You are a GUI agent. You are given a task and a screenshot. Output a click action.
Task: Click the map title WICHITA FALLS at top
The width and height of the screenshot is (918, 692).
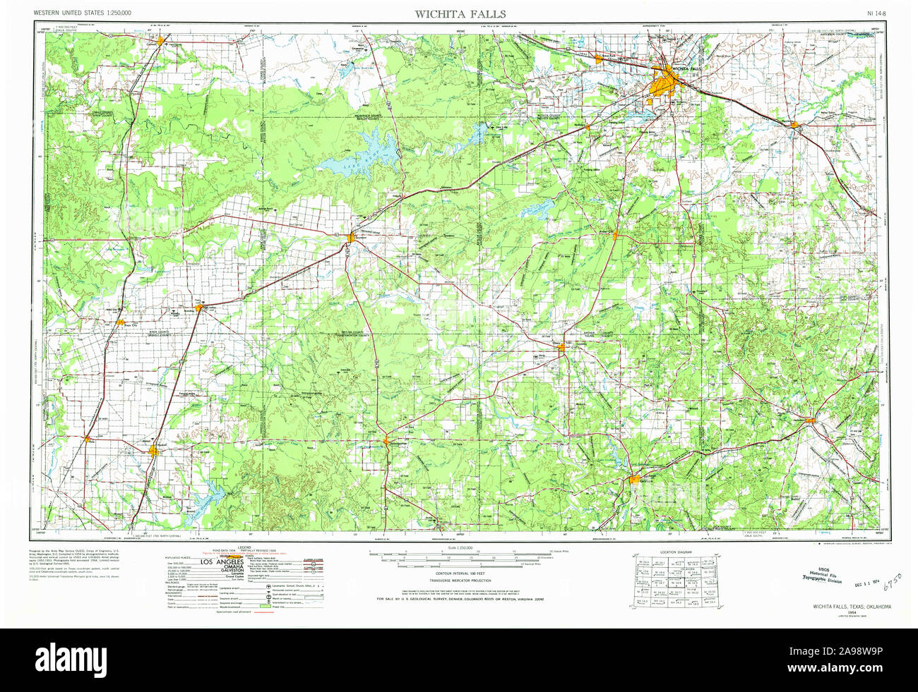460,14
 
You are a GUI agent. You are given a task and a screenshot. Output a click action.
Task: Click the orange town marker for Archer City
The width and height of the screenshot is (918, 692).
616,234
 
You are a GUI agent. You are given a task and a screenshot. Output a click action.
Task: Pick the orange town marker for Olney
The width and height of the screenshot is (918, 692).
563,346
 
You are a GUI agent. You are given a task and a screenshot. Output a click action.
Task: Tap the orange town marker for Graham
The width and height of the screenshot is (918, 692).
634,480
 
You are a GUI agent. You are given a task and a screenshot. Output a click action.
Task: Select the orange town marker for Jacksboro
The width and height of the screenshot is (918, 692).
811,421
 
